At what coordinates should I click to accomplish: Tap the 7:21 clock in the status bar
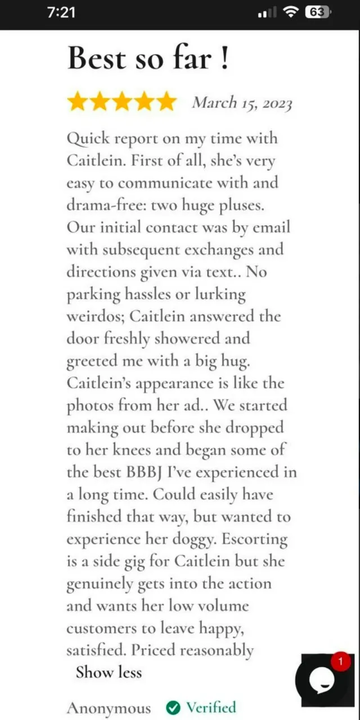61,12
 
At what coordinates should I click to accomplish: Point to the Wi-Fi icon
291,12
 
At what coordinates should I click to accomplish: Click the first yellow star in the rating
77,102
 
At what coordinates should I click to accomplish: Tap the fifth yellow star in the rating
166,102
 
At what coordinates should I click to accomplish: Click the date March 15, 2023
242,103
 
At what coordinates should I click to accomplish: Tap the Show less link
109,672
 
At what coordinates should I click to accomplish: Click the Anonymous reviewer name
109,708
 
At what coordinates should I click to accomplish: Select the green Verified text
211,707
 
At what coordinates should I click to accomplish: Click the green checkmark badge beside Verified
174,707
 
